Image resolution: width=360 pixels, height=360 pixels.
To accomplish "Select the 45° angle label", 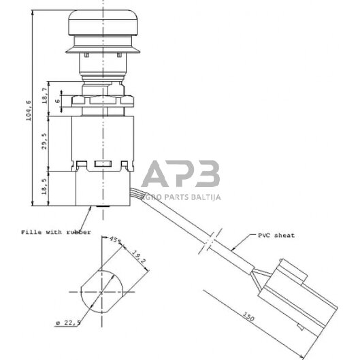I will pyautogui.click(x=114, y=240).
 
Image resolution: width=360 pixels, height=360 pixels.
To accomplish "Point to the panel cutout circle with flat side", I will pyautogui.click(x=101, y=291).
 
